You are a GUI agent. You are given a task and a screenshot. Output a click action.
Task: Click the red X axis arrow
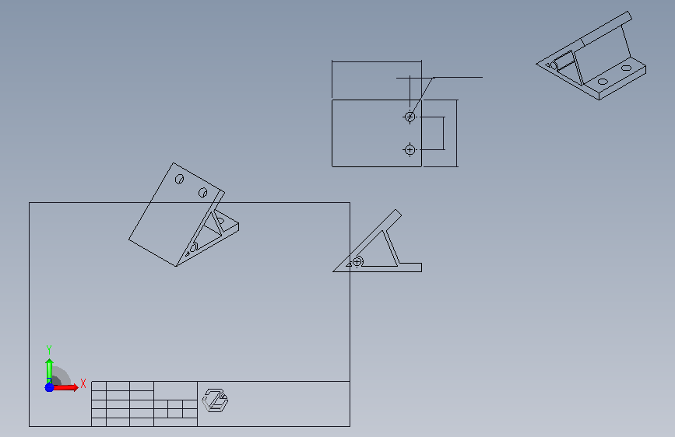tap(65, 387)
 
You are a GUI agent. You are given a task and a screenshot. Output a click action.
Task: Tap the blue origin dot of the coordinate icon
tap(49, 387)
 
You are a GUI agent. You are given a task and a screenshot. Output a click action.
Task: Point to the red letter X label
tap(83, 383)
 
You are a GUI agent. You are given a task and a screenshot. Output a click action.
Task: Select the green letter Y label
tap(49, 350)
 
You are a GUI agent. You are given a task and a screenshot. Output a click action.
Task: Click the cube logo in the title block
tap(215, 400)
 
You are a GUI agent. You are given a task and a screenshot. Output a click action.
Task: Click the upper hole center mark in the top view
tap(410, 117)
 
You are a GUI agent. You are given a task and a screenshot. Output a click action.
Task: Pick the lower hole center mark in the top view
tap(410, 149)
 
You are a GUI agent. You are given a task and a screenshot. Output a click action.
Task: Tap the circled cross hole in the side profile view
tap(357, 261)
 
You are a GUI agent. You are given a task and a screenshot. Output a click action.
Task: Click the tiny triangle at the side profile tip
tap(349, 264)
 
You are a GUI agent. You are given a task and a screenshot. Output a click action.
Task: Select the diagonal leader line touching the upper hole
tap(422, 96)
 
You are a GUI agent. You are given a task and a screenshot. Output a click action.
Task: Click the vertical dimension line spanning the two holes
tap(444, 133)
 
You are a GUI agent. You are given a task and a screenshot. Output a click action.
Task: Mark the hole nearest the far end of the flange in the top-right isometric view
tap(627, 68)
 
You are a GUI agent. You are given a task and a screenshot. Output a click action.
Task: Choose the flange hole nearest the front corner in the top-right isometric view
tap(603, 82)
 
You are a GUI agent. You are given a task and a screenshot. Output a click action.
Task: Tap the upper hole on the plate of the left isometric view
tap(180, 179)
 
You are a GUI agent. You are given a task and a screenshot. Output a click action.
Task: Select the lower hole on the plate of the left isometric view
tap(202, 192)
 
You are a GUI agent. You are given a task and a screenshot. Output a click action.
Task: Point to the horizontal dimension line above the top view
tap(377, 61)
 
